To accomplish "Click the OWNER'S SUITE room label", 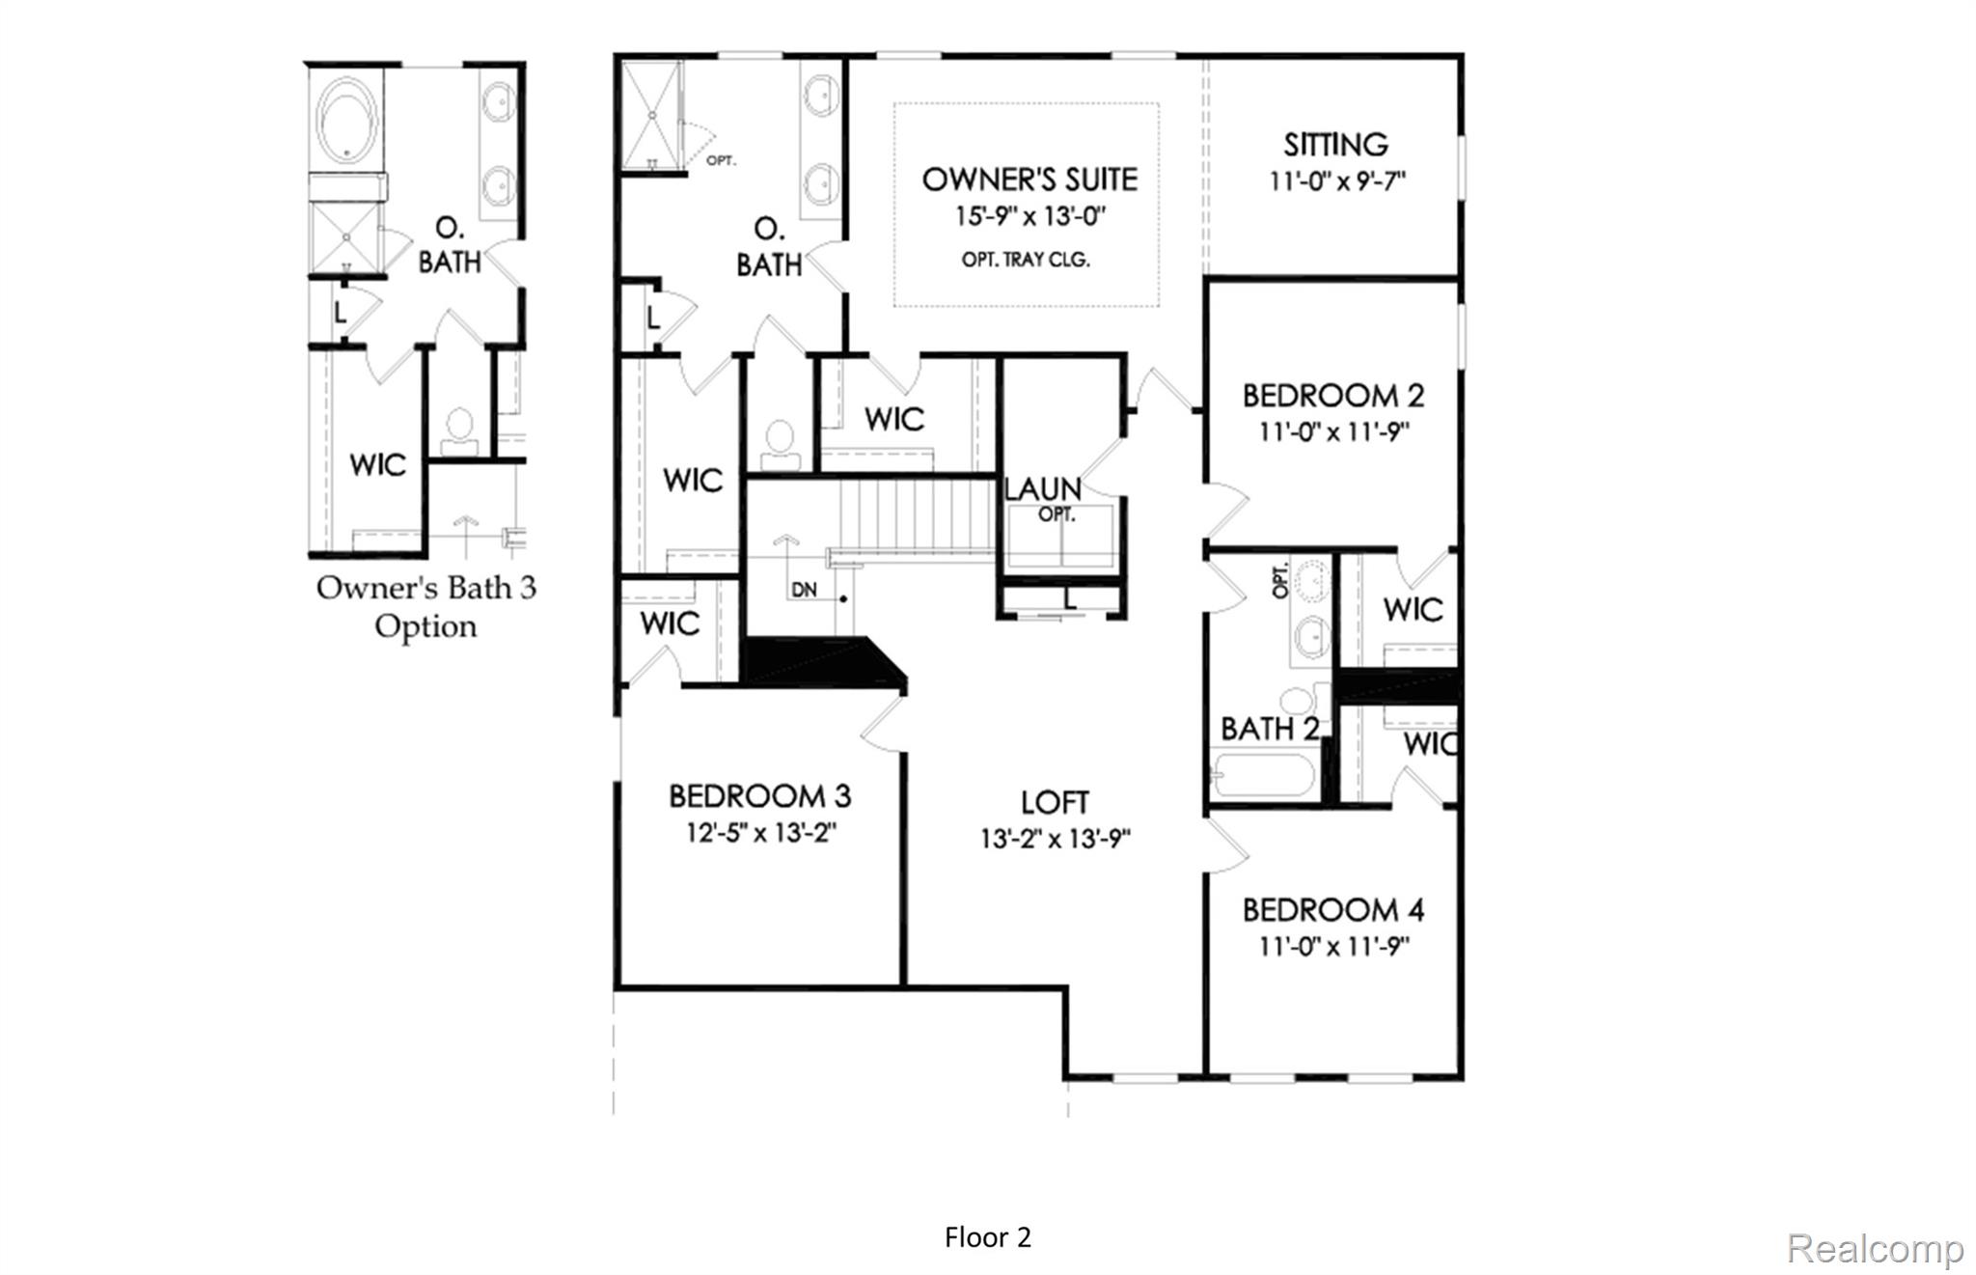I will (x=1029, y=180).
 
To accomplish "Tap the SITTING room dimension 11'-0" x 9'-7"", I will (x=1336, y=181).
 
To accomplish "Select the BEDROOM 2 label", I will (x=1332, y=396).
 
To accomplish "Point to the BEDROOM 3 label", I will (x=759, y=796).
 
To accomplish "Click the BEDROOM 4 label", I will (x=1332, y=910).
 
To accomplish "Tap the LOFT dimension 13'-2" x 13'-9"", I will (x=1055, y=839).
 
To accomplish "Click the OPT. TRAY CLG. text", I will (x=1026, y=260).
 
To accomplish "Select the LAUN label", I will (x=1042, y=489).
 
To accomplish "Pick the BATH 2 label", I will (x=1268, y=729).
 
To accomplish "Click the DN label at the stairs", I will (x=804, y=590).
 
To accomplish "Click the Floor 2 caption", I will (x=987, y=1237).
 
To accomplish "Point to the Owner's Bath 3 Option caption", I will (x=425, y=606).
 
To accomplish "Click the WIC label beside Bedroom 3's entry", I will (x=669, y=624).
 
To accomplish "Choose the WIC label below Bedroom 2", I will (x=1412, y=609).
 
